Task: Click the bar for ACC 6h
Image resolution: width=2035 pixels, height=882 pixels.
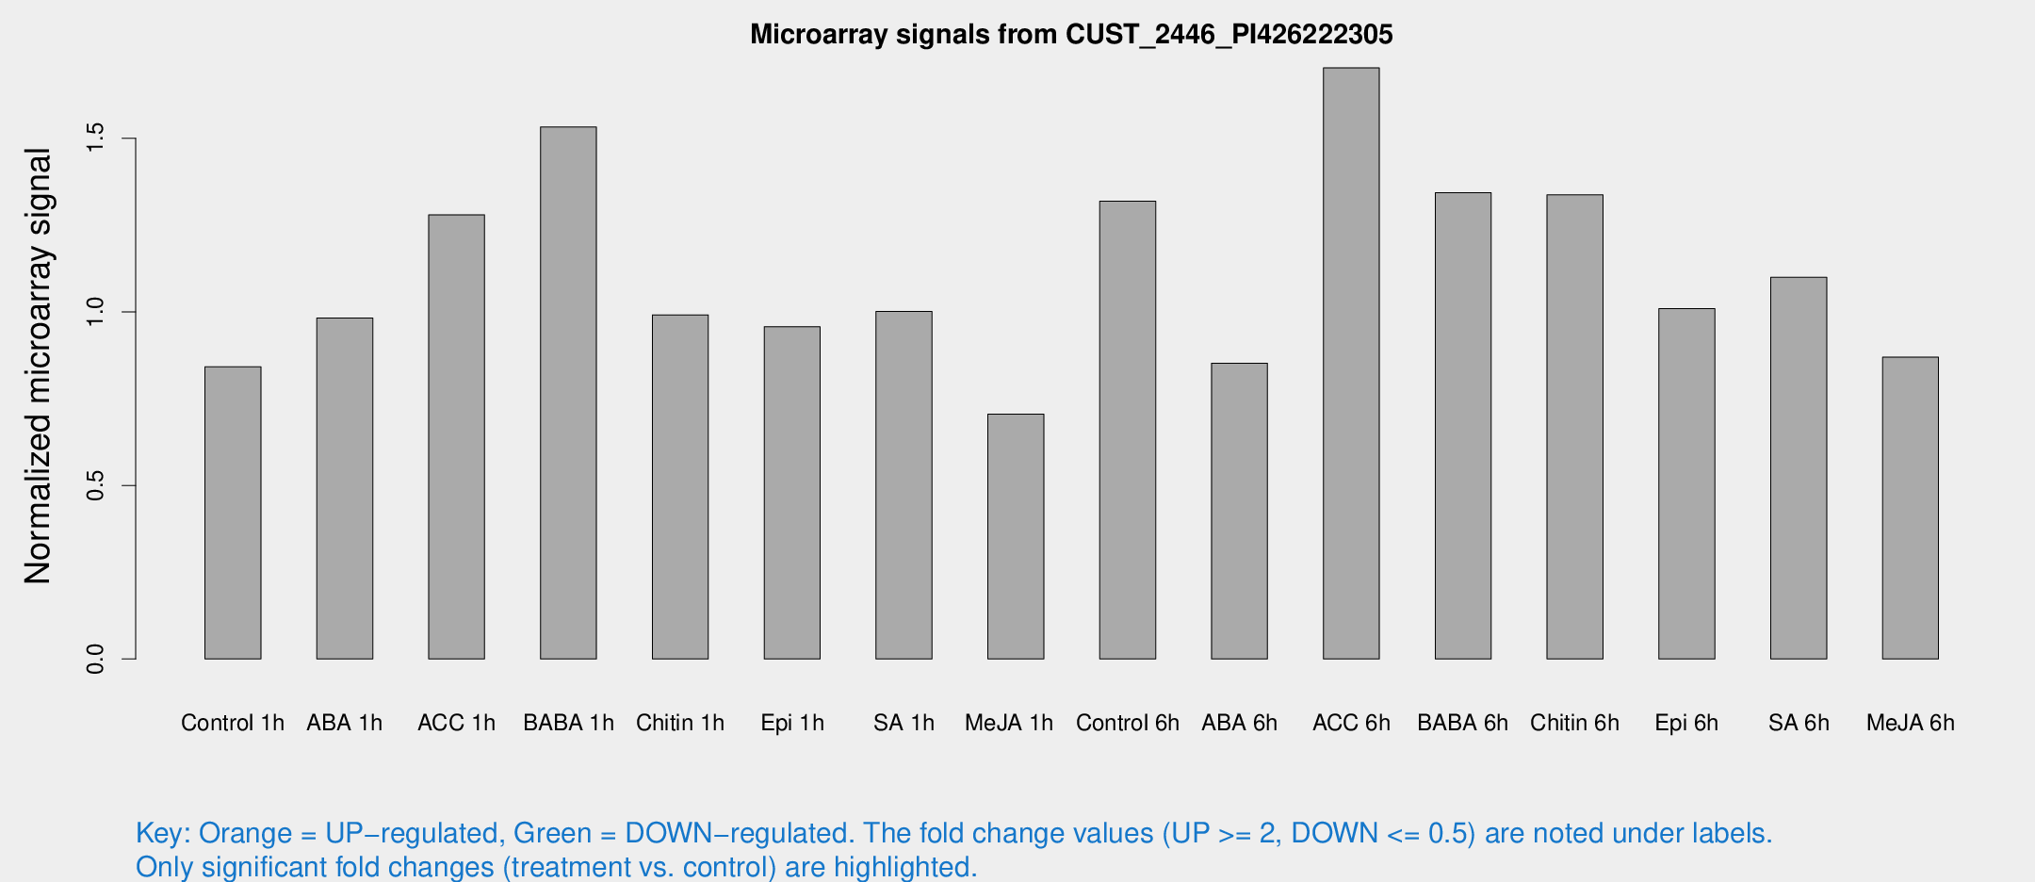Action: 1351,363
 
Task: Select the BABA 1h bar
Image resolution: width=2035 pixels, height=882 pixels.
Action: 568,393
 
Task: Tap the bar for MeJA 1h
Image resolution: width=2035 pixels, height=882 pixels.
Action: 1016,536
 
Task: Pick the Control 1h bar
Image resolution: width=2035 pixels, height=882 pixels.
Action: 233,513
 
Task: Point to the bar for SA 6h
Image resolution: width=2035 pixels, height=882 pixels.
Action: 1799,467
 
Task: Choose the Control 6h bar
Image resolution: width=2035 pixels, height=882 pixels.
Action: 1128,430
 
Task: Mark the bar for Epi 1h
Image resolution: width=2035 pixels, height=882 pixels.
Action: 792,493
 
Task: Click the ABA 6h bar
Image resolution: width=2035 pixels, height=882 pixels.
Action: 1239,511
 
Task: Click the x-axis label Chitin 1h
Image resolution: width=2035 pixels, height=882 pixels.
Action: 680,723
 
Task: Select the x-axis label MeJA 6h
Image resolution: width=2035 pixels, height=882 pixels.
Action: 1910,723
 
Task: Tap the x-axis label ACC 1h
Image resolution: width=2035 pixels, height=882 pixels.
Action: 456,723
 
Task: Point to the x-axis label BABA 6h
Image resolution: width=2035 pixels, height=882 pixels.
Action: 1462,723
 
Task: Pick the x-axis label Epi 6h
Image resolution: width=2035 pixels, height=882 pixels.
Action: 1686,723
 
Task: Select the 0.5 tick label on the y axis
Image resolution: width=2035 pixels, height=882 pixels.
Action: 95,485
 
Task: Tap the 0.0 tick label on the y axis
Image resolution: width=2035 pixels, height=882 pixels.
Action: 95,659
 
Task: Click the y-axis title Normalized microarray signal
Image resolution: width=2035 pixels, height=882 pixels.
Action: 38,366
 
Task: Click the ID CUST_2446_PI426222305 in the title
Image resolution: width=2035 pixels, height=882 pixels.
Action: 1229,35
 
